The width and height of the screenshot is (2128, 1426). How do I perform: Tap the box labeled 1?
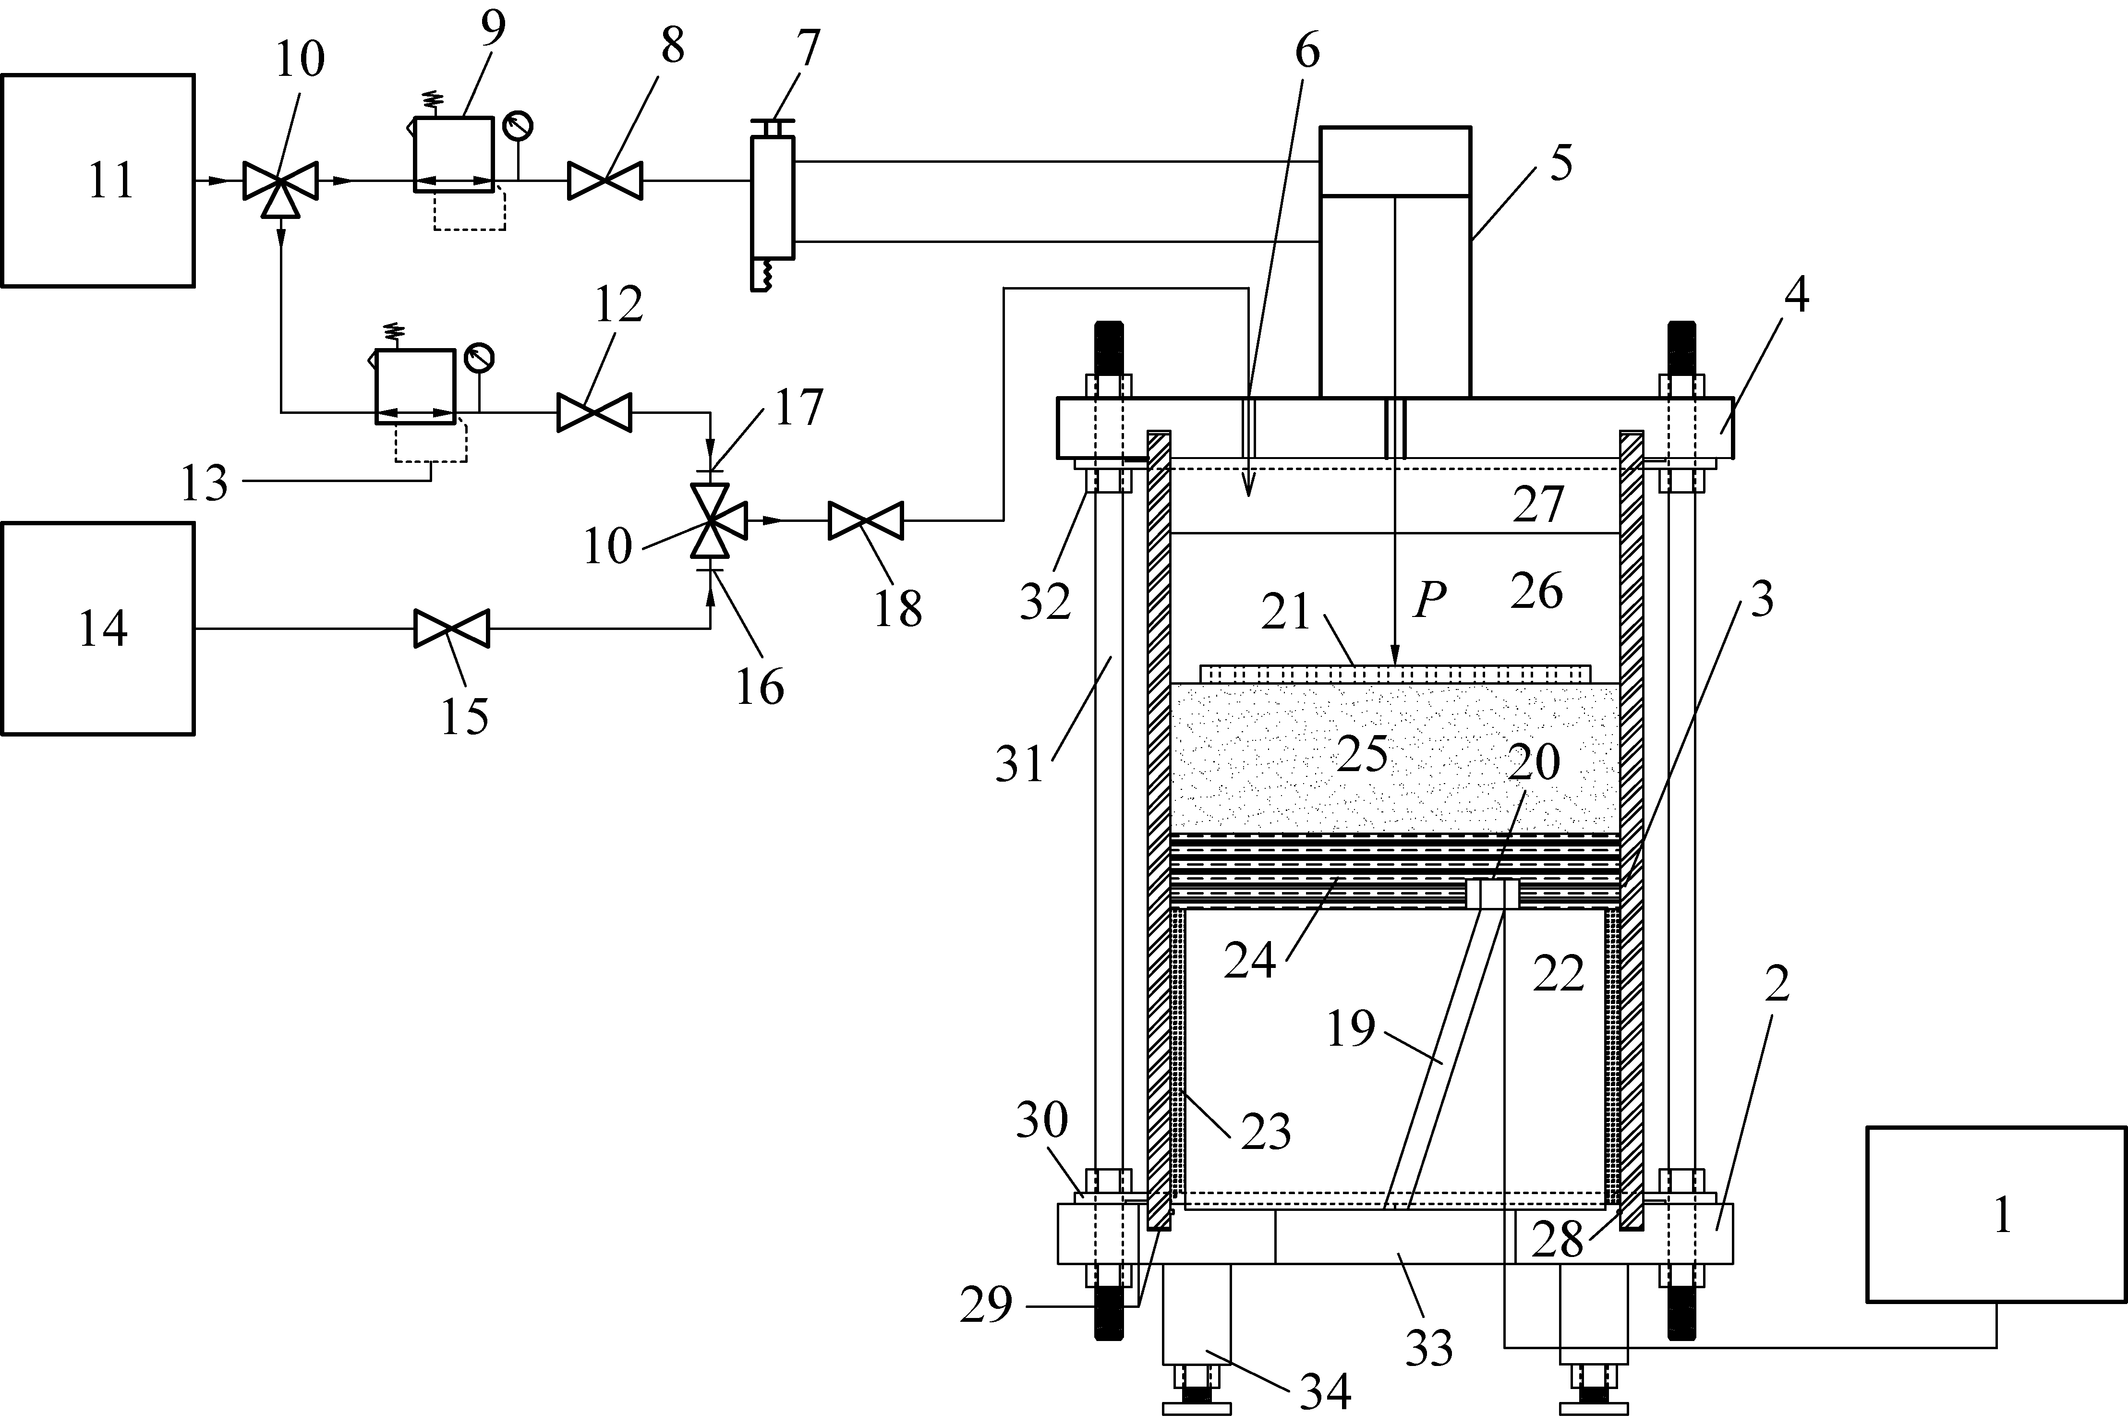(x=1997, y=1215)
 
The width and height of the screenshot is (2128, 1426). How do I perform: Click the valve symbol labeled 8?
(x=605, y=180)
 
